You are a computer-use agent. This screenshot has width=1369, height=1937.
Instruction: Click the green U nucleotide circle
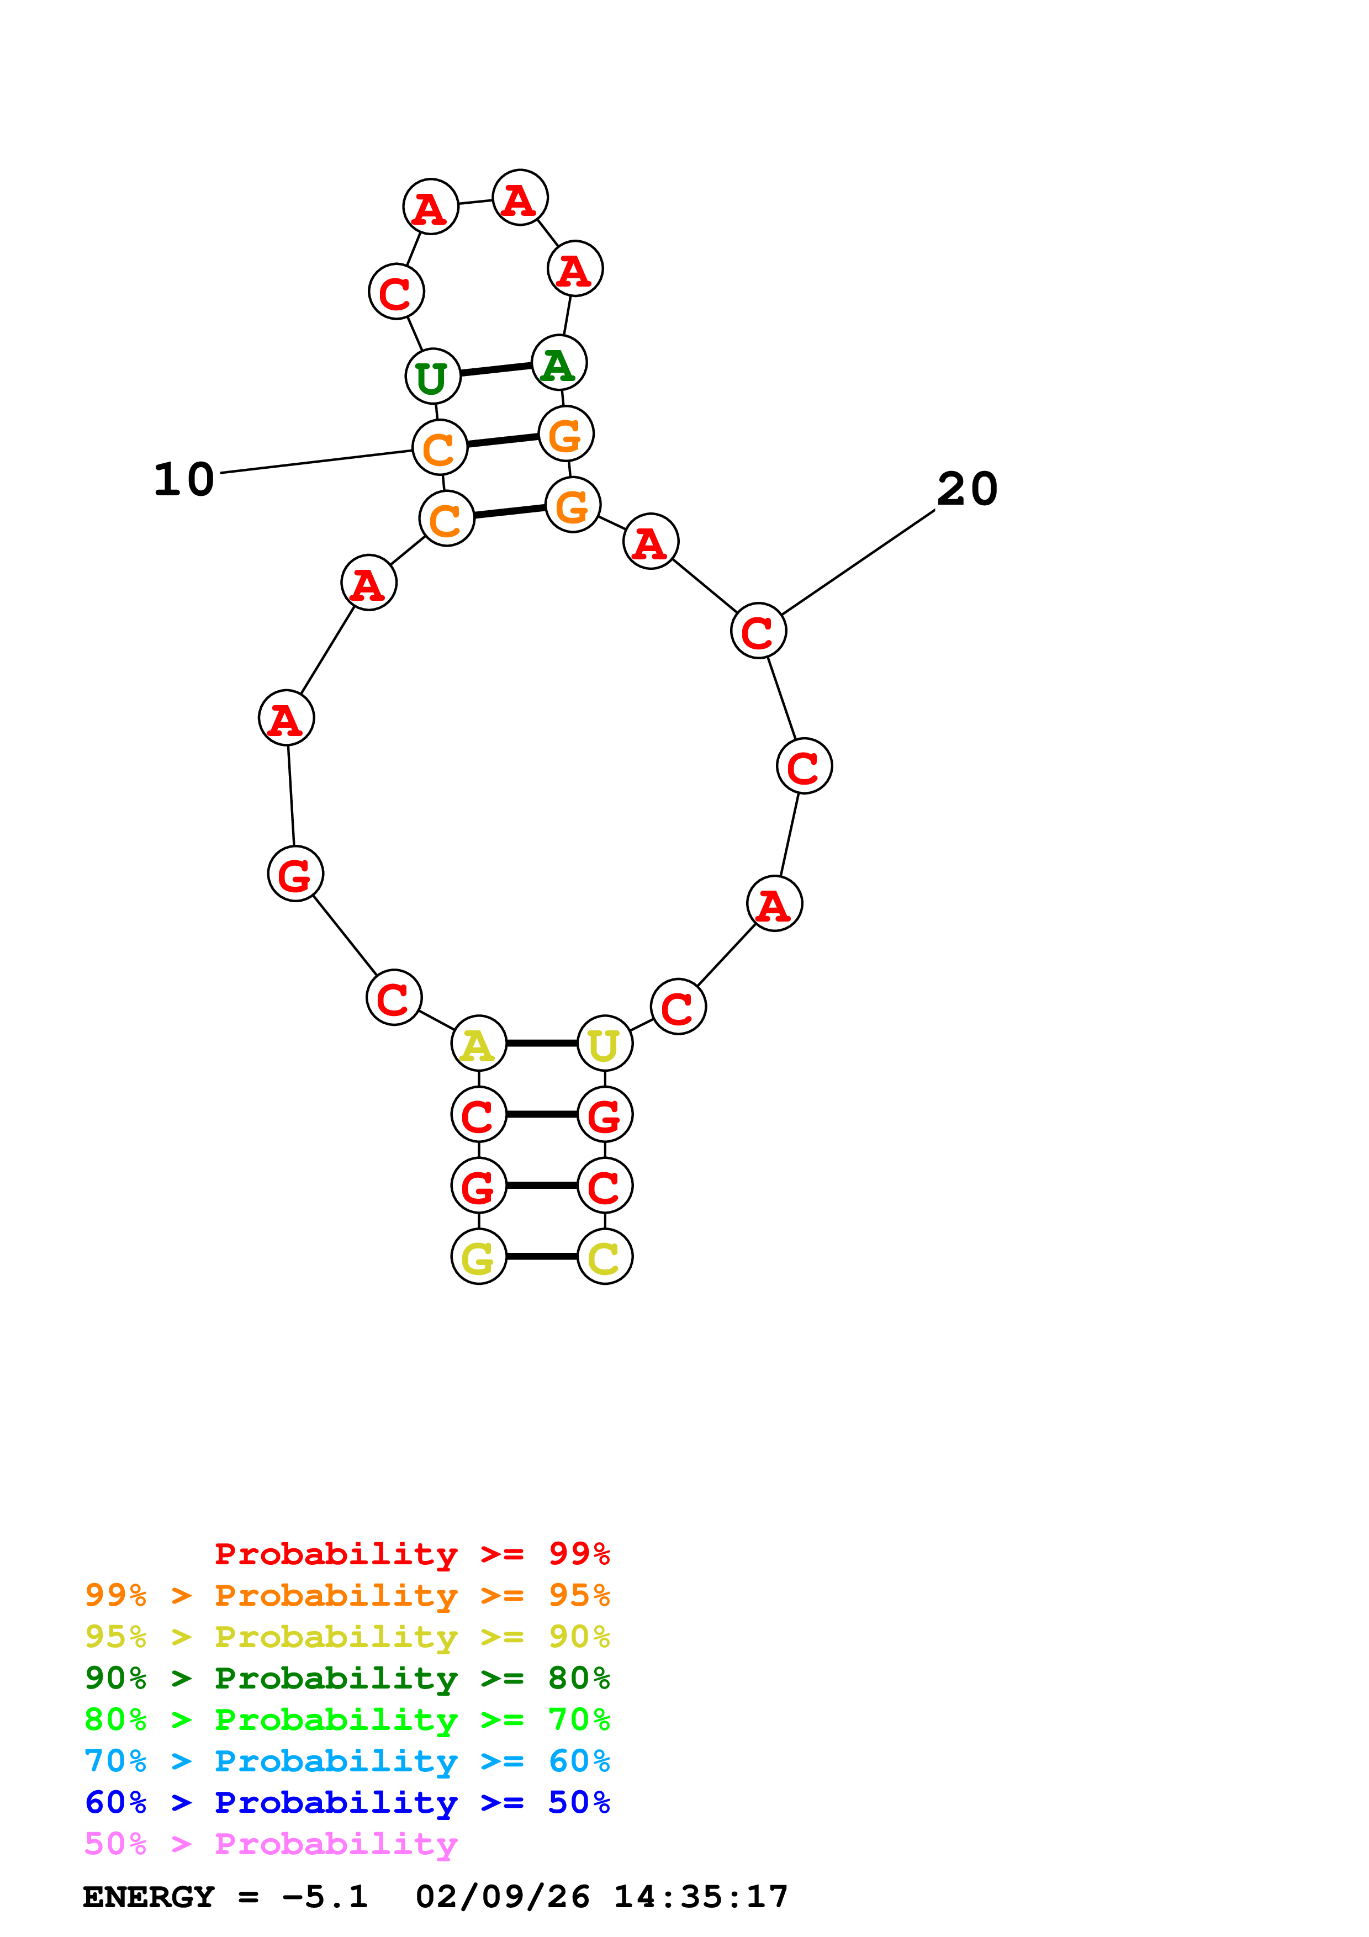point(433,376)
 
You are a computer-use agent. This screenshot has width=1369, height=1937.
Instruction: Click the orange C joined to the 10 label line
point(440,448)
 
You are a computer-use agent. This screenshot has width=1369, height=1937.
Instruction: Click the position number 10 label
point(184,479)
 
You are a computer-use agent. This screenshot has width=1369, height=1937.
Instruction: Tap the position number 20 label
point(968,489)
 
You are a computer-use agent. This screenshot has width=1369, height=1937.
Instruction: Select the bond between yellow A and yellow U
point(542,1044)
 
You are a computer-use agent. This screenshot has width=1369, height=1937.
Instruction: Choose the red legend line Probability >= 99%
point(411,1553)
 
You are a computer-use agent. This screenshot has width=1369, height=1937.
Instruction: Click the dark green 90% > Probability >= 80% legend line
point(347,1678)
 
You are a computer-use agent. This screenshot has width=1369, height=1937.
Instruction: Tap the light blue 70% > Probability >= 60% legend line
point(347,1761)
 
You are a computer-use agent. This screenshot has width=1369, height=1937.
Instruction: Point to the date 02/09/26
point(502,1897)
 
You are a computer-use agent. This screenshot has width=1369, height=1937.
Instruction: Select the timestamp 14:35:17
point(700,1897)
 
